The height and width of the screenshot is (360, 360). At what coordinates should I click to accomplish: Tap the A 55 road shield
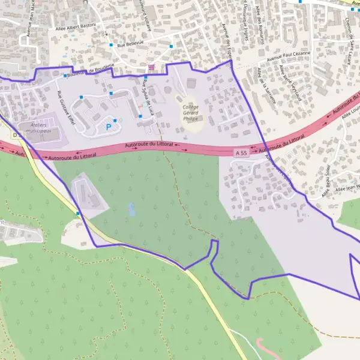[x=241, y=154]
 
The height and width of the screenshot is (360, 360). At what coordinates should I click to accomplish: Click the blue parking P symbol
[x=108, y=126]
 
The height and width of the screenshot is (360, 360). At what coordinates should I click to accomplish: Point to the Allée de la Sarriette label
[x=265, y=86]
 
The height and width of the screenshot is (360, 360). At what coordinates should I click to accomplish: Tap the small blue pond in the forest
[x=131, y=209]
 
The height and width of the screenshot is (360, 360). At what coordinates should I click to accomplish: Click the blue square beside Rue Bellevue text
[x=111, y=44]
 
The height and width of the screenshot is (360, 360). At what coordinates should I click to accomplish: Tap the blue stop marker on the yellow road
[x=77, y=213]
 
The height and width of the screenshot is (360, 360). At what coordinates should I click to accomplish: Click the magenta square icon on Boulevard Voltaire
[x=151, y=66]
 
